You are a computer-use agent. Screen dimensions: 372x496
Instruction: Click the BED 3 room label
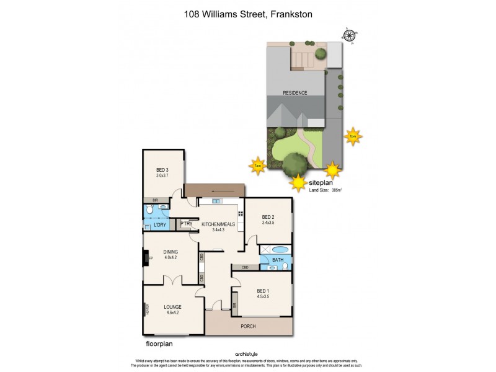coord(162,170)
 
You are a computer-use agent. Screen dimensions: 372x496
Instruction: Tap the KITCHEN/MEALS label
coord(218,224)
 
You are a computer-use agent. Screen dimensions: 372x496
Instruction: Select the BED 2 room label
coord(268,216)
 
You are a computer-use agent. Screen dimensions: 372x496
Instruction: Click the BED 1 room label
coord(263,291)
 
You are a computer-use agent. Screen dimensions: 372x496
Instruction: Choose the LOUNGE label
coord(172,306)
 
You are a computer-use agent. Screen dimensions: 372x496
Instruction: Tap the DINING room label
coord(170,252)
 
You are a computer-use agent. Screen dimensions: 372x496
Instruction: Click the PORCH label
coord(248,326)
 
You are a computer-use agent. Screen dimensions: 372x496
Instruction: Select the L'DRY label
coord(159,224)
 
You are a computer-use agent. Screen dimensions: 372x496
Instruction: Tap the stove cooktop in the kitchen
coord(240,215)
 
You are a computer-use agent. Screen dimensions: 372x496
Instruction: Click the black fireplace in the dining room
coord(146,257)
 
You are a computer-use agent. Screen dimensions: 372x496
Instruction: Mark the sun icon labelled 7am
coord(257,166)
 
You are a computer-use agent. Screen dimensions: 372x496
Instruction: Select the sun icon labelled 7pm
coord(353,136)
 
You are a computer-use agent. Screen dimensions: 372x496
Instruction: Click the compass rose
coord(350,36)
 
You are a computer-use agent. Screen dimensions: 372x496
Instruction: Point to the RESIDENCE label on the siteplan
coord(295,93)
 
